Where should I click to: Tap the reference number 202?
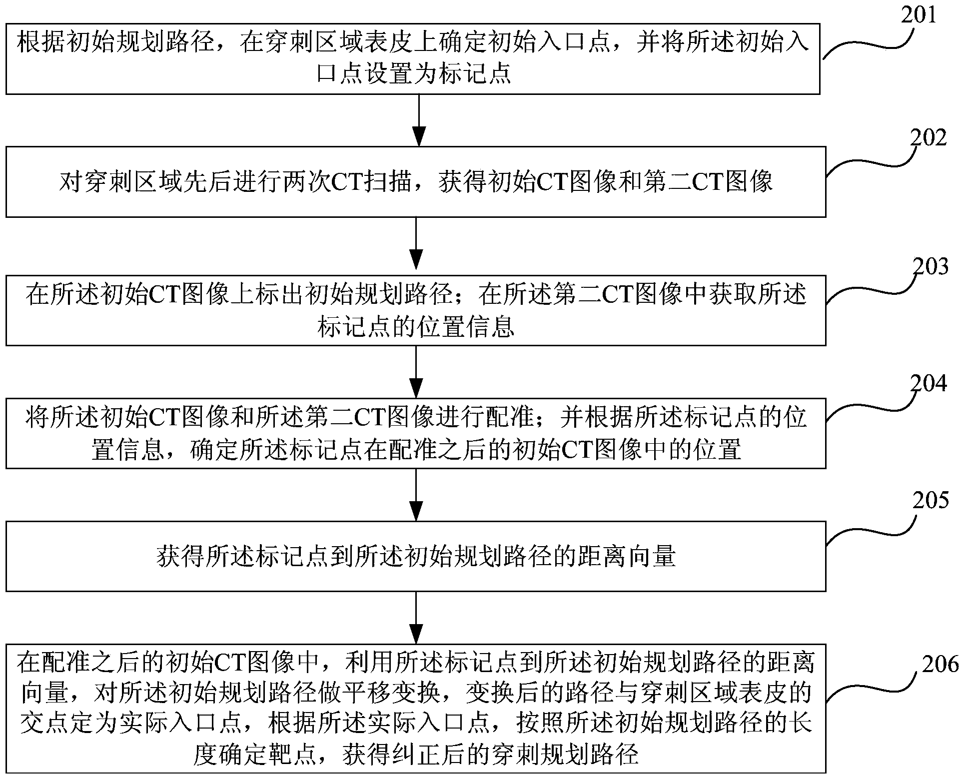click(928, 138)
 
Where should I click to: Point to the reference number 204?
click(929, 384)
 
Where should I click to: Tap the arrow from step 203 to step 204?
click(416, 371)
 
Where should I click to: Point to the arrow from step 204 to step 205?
click(416, 495)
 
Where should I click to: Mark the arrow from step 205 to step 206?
click(416, 618)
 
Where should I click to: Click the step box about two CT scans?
click(415, 181)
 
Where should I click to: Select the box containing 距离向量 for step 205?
click(415, 556)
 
